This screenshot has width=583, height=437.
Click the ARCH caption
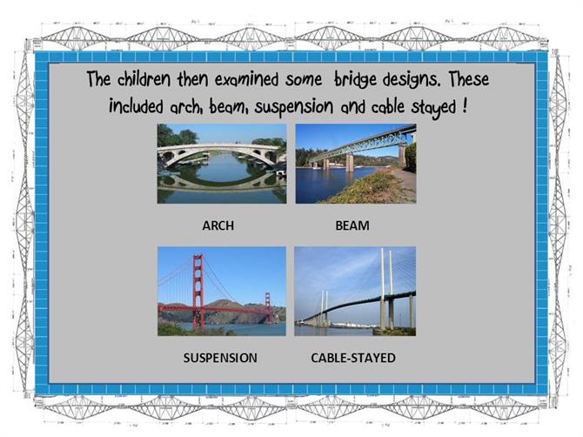(218, 225)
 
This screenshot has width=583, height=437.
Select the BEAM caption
(352, 225)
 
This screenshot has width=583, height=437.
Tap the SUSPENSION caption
(220, 358)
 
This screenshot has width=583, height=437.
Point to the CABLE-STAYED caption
(353, 358)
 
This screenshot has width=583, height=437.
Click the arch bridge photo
(222, 164)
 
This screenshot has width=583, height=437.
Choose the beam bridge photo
(356, 164)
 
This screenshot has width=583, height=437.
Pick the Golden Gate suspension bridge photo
(222, 292)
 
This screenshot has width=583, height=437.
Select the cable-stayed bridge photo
(355, 292)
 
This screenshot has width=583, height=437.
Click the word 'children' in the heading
(144, 79)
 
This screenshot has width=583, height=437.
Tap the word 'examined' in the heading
(246, 79)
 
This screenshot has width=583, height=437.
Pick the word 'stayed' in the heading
(433, 108)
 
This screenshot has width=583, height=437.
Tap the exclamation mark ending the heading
(465, 106)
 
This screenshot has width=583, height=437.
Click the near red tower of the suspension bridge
(198, 292)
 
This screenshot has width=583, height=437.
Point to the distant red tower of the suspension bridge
(268, 307)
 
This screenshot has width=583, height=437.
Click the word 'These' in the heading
(468, 79)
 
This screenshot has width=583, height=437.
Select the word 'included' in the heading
(136, 106)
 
